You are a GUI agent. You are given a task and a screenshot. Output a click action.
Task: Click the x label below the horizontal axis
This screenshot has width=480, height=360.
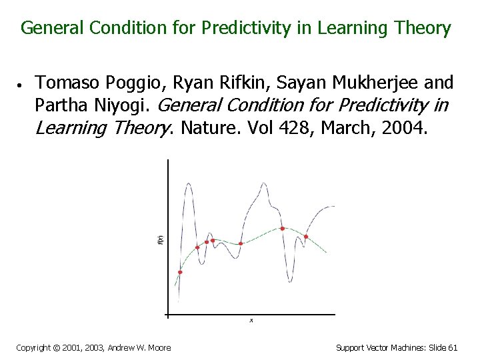(251, 321)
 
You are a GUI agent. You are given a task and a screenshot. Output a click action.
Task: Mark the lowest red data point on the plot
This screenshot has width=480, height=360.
(180, 272)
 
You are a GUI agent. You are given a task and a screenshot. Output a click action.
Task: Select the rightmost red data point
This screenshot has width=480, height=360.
(306, 237)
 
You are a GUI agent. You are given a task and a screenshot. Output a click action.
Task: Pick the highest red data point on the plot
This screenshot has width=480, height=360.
(283, 229)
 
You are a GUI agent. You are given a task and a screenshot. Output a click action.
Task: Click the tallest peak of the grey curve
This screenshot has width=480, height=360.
(189, 184)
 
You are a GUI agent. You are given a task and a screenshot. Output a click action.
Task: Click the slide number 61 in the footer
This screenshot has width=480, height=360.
(453, 347)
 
